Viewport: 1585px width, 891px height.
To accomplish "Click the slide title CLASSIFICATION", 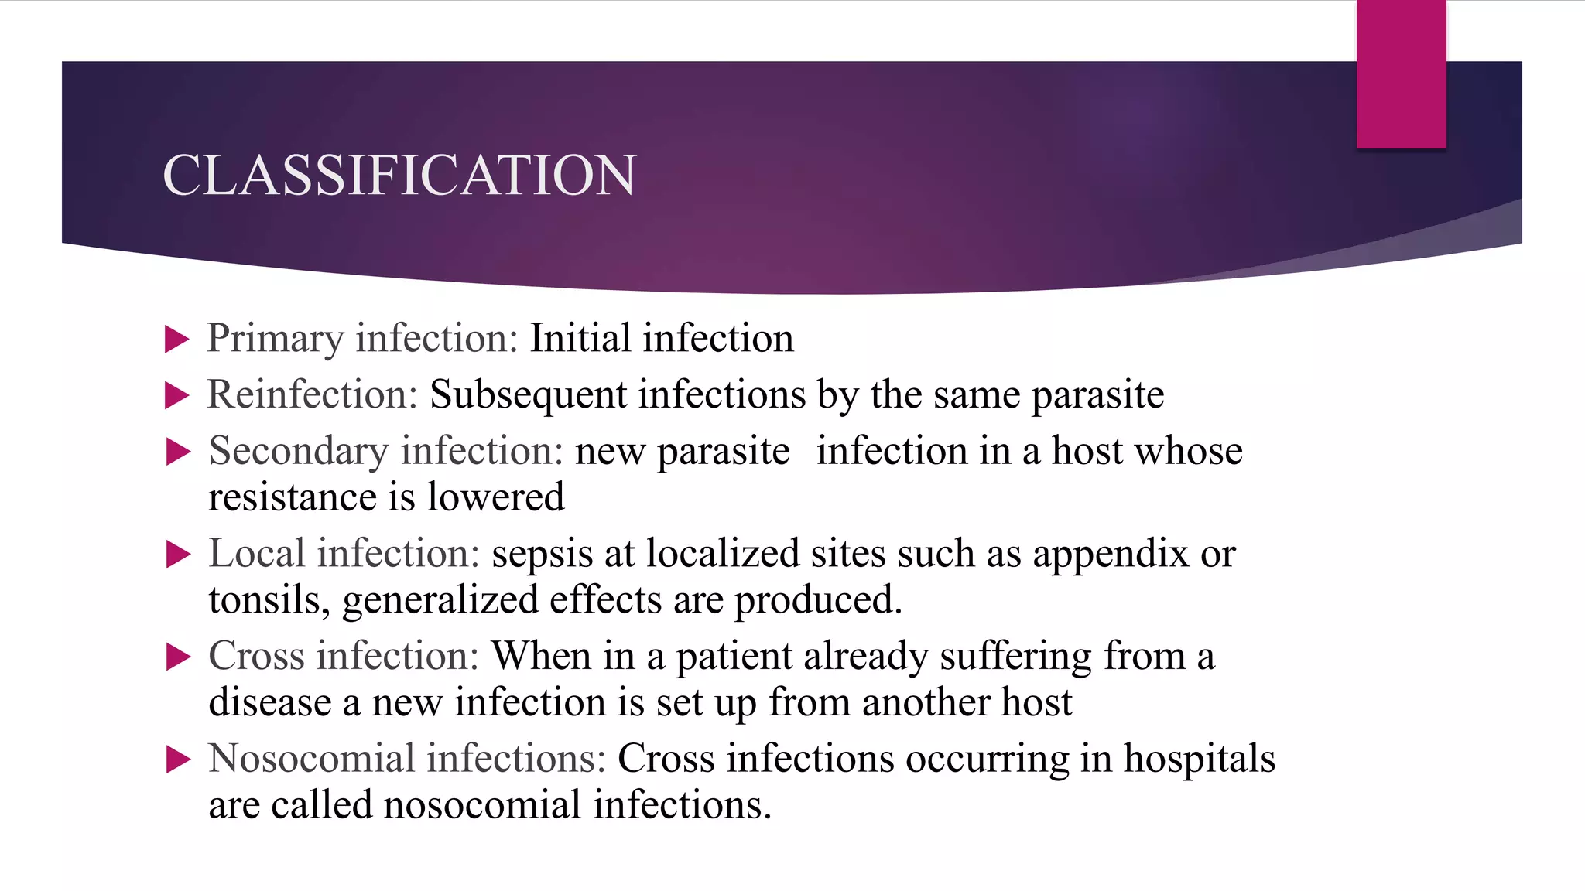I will point(399,175).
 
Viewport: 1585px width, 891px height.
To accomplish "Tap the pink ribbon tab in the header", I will point(1401,74).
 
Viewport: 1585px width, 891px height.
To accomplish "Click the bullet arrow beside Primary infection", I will point(177,339).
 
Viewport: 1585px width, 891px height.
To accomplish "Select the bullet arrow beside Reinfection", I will point(177,395).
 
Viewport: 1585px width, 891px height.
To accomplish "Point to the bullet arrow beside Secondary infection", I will point(178,452).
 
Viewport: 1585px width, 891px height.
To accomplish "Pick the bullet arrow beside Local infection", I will point(178,554).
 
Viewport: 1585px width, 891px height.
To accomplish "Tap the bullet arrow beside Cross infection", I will point(178,657).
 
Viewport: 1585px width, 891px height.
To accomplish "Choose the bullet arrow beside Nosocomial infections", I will point(178,760).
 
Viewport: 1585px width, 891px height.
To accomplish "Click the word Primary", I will point(275,339).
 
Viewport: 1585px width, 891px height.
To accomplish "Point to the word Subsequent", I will point(528,395).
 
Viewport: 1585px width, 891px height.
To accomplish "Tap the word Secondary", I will point(298,452).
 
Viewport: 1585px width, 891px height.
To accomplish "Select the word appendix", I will point(1110,554).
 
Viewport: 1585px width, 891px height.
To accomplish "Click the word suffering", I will point(1015,657).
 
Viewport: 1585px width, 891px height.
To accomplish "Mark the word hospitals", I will point(1199,760).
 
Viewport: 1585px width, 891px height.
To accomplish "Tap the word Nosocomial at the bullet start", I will point(312,760).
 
